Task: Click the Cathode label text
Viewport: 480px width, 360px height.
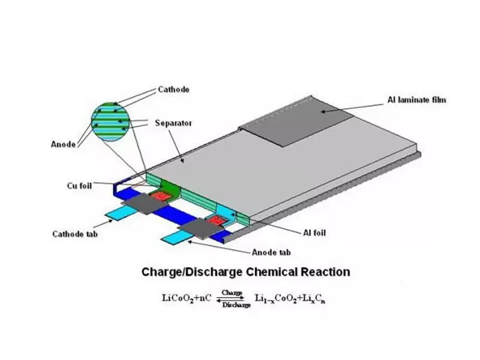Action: click(173, 89)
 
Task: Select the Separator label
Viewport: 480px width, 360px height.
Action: click(173, 123)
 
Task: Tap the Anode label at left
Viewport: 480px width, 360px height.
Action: click(63, 144)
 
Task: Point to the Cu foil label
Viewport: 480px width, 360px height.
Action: click(79, 186)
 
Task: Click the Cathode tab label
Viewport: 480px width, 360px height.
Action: click(75, 234)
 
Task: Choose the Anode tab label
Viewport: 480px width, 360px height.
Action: click(271, 253)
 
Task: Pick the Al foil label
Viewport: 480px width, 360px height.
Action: click(314, 233)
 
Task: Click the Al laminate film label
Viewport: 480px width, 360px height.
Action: click(416, 100)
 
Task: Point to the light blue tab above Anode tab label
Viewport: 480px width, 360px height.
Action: click(178, 238)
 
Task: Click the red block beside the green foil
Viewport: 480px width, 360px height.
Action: click(160, 196)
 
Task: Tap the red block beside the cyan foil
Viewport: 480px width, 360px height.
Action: click(216, 220)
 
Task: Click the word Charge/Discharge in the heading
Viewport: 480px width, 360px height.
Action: click(192, 272)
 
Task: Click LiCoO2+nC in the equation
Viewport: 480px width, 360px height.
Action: click(187, 298)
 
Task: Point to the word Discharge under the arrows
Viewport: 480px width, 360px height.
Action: click(236, 305)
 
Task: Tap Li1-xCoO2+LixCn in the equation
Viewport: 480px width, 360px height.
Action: click(290, 298)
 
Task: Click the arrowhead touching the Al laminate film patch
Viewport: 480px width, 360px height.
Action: click(323, 112)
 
